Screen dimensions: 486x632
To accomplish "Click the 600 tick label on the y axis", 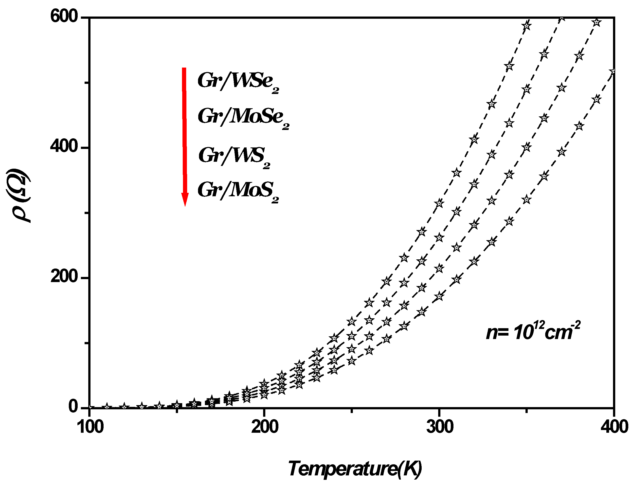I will [x=64, y=17].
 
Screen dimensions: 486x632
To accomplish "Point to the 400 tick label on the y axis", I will [x=64, y=146].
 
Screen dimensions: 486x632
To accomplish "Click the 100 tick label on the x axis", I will [x=90, y=427].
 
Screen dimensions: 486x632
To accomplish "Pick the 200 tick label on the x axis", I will [x=265, y=427].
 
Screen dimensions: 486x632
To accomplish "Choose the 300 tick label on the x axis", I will [x=440, y=427].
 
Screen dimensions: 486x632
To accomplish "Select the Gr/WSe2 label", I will [x=238, y=82].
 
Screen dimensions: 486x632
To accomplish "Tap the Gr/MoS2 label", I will [x=238, y=191].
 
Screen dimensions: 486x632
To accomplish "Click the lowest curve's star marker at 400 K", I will [x=614, y=72].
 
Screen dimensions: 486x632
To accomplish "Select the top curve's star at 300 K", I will [x=439, y=203].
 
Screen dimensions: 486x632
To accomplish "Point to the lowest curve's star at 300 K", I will [x=439, y=296].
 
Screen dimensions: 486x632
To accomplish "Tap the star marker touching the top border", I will [x=562, y=18].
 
